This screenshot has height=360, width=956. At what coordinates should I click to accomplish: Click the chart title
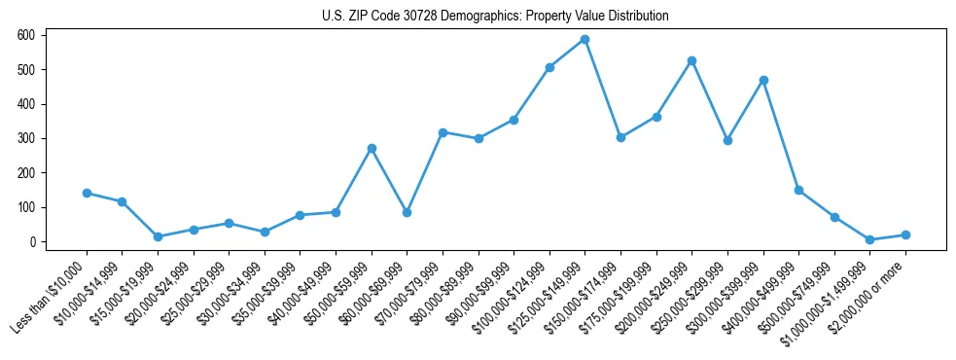pos(495,17)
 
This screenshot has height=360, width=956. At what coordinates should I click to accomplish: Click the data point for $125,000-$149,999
pos(584,40)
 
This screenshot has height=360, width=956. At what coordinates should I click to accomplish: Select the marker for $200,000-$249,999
pos(691,60)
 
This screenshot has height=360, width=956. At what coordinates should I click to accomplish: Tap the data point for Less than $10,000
pos(87,193)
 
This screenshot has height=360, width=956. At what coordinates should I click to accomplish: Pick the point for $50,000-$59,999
pos(372,148)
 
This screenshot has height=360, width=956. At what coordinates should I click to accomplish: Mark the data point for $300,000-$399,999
pos(763,80)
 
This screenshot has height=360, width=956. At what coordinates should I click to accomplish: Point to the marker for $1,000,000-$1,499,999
pos(870,239)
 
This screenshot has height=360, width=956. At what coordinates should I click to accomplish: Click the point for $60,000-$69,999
pos(407,212)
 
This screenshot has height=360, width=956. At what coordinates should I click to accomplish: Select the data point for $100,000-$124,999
pos(549,67)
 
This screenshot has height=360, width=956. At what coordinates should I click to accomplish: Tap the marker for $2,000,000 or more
pos(905,234)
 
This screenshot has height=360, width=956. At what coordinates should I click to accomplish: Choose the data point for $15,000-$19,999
pos(158,236)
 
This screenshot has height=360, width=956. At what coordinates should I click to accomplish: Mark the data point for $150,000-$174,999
pos(620,137)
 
